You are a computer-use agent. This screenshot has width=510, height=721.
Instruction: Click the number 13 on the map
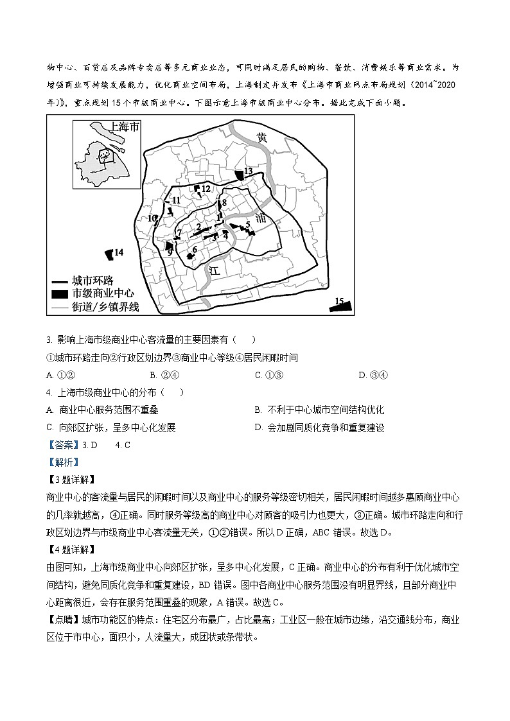[x=249, y=171]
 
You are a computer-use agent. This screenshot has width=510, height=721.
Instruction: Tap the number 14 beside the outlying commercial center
[x=119, y=252]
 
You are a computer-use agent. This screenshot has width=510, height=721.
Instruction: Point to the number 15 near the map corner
[x=340, y=300]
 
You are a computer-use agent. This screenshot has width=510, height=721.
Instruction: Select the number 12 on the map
[x=206, y=188]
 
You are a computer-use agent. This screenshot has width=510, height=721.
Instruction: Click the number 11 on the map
[x=176, y=201]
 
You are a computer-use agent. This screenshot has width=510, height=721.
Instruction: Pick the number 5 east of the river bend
[x=247, y=224]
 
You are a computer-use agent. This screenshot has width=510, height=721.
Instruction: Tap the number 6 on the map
[x=194, y=249]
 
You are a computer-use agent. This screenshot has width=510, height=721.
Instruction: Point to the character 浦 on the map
[x=260, y=218]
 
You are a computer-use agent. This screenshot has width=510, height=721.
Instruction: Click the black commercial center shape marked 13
[x=239, y=174]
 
